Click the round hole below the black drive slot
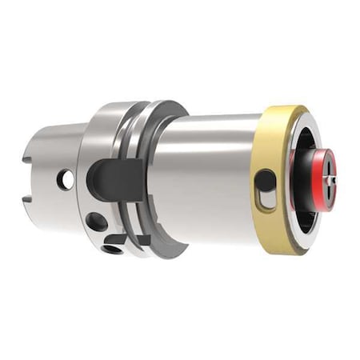(96, 222)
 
